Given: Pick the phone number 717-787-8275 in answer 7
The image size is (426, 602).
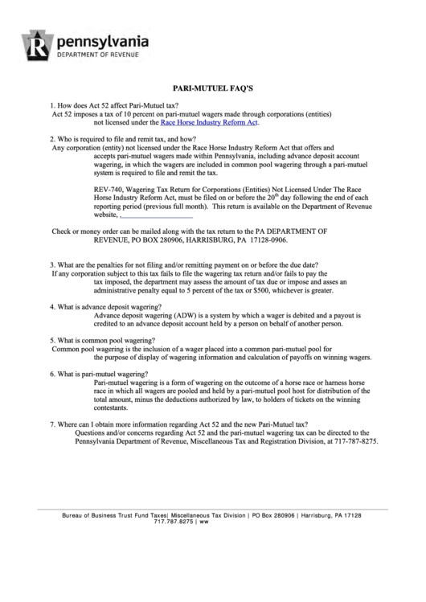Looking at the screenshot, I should click(354, 442).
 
